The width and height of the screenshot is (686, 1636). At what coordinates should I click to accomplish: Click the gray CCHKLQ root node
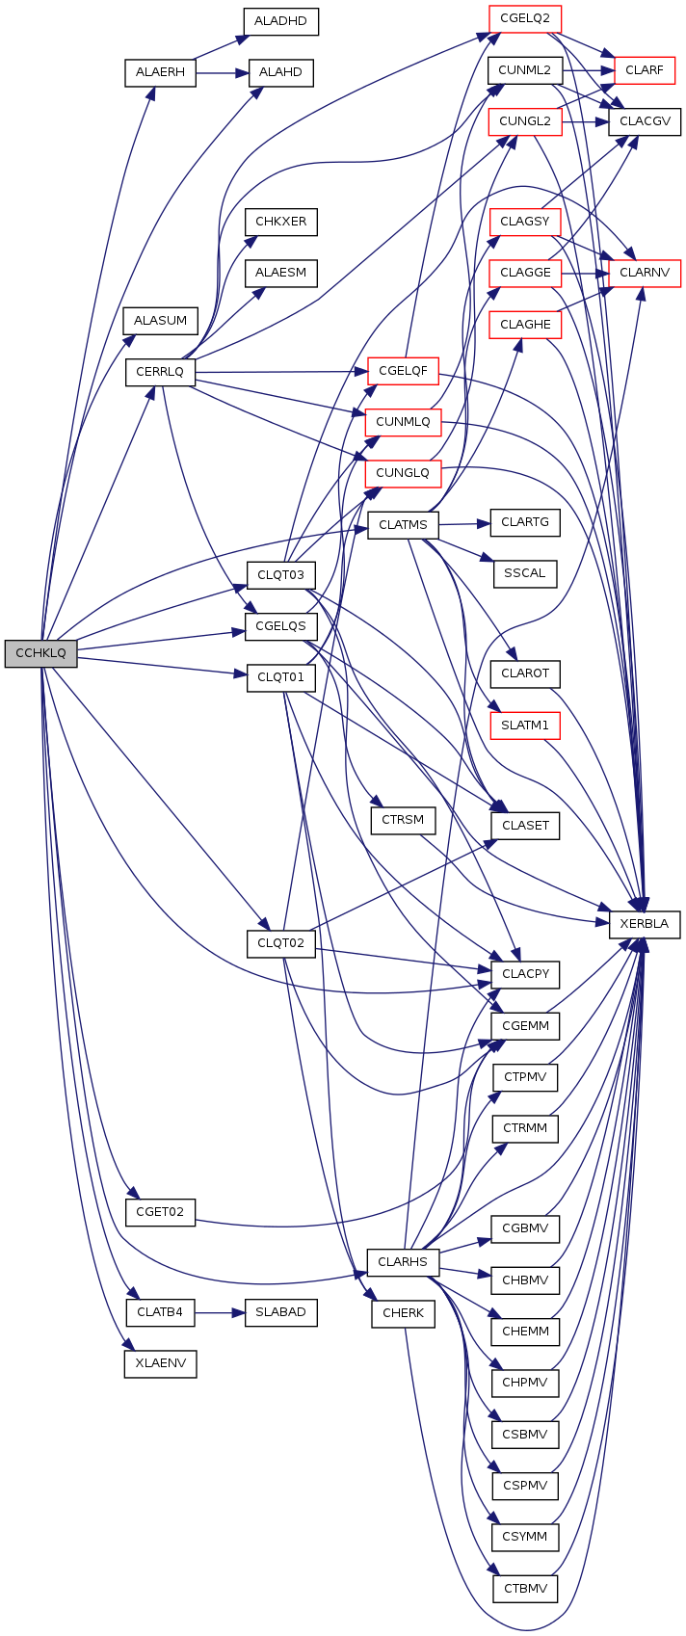[x=40, y=653]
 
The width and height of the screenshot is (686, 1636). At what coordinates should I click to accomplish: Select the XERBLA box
[x=645, y=924]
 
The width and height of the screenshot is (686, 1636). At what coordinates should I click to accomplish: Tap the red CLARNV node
[x=645, y=274]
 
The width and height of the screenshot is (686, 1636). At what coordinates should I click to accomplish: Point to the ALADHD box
[x=280, y=21]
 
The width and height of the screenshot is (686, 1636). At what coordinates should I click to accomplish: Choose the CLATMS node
[x=403, y=525]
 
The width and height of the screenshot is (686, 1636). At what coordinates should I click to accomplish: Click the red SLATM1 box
[x=524, y=726]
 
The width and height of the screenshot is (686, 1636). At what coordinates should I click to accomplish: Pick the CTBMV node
[x=524, y=1588]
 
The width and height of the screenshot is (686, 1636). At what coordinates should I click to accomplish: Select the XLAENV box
[x=160, y=1363]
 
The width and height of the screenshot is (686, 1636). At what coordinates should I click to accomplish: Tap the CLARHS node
[x=403, y=1262]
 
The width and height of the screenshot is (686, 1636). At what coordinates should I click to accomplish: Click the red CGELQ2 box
[x=524, y=18]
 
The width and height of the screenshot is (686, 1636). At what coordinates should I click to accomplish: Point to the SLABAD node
[x=280, y=1312]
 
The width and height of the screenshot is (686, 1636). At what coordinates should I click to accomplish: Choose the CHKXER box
[x=280, y=222]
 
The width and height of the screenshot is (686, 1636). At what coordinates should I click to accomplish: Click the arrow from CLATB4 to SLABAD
[x=220, y=1312]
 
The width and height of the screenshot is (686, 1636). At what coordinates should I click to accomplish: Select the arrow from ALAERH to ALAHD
[x=223, y=73]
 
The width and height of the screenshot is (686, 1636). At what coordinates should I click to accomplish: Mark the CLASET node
[x=524, y=826]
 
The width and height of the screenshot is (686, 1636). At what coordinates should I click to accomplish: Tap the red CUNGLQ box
[x=403, y=473]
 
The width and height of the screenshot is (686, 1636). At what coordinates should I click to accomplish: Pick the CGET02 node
[x=160, y=1212]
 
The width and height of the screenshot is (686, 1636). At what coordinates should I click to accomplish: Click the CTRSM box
[x=403, y=820]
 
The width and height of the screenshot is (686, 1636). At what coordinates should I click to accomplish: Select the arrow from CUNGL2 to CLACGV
[x=585, y=121]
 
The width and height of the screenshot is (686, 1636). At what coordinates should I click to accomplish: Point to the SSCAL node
[x=524, y=574]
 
